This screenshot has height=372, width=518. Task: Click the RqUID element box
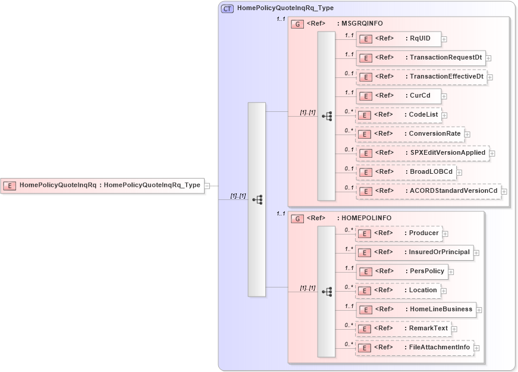(398, 39)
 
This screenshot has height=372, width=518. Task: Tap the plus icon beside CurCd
(444, 96)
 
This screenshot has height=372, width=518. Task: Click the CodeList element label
(423, 115)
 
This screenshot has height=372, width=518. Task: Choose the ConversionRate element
(410, 134)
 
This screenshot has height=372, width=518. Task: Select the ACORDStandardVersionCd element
(428, 191)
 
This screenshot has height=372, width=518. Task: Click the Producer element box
(398, 233)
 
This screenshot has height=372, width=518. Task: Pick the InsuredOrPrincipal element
(414, 252)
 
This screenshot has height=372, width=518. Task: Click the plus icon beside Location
(444, 291)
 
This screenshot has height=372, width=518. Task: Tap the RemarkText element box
(403, 329)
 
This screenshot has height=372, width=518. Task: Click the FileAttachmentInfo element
(414, 348)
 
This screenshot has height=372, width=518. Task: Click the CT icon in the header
(227, 9)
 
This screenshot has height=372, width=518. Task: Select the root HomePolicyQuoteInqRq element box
(102, 185)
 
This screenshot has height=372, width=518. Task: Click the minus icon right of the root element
(207, 186)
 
